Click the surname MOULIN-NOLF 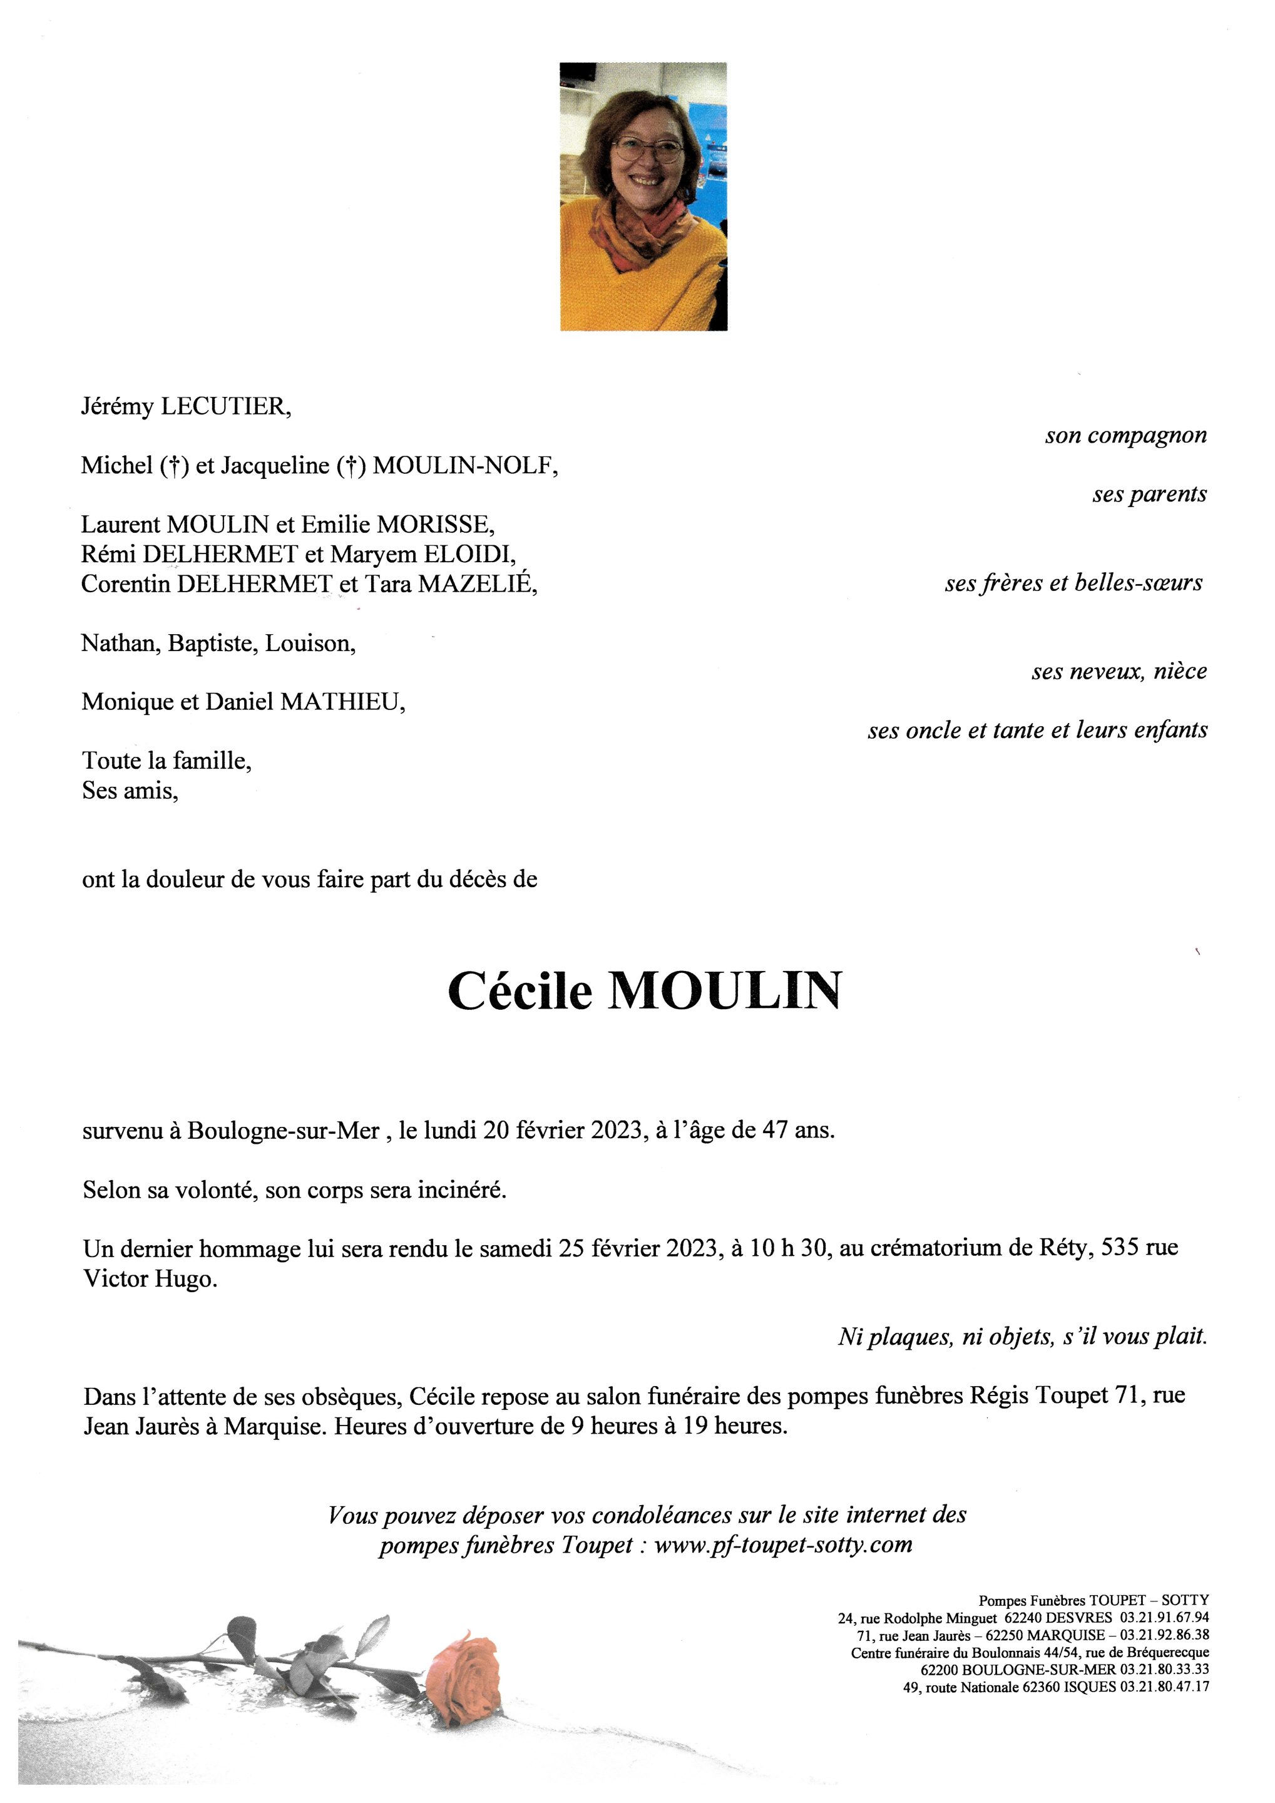tap(465, 466)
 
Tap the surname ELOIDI tap(469, 555)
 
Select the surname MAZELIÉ tap(478, 585)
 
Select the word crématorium tap(933, 1248)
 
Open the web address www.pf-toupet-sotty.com tap(783, 1544)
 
